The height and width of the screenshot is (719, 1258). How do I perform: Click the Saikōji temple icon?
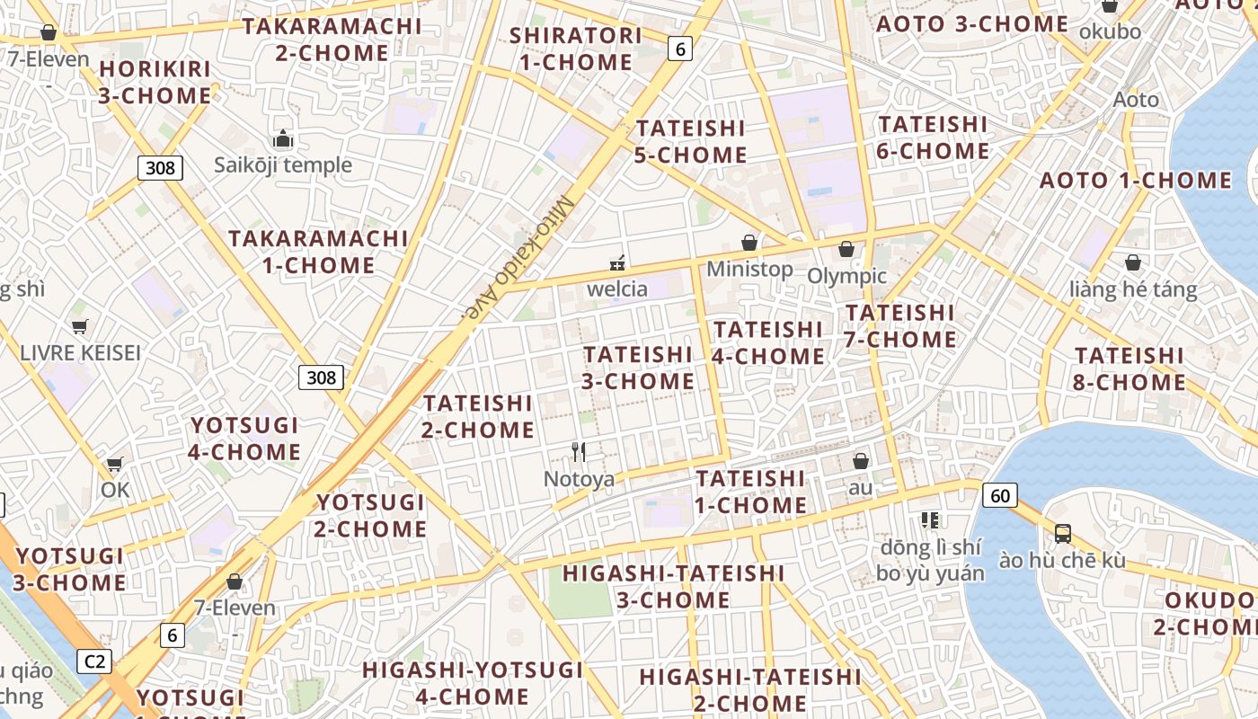(283, 139)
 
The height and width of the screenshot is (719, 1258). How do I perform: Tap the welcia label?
(617, 288)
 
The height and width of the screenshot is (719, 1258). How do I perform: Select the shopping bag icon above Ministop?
(749, 243)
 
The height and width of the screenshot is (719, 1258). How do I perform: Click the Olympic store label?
(846, 276)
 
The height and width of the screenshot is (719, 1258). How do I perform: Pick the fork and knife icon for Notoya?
(579, 452)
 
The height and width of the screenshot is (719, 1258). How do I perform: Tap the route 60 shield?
(1000, 494)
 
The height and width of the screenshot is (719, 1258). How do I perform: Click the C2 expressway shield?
(94, 661)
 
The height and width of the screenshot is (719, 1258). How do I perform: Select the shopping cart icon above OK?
(114, 464)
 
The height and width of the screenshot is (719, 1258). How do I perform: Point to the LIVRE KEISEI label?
(80, 352)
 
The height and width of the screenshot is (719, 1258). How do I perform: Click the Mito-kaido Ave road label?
(520, 259)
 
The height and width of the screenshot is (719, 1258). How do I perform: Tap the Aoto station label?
(1136, 99)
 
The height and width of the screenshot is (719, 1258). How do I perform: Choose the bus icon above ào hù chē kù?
(1062, 533)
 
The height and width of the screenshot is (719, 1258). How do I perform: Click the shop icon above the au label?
(861, 461)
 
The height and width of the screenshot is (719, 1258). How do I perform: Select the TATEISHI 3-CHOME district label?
(638, 368)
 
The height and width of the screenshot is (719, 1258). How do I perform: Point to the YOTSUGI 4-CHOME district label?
(244, 438)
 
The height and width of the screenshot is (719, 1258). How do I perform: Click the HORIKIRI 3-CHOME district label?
(155, 82)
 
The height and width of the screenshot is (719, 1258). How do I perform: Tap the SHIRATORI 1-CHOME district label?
(575, 49)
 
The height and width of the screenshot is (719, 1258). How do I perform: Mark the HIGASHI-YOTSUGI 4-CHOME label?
(473, 683)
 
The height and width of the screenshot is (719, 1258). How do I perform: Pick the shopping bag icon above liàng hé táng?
(1133, 262)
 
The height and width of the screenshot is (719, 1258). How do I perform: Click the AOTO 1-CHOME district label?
(1136, 181)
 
